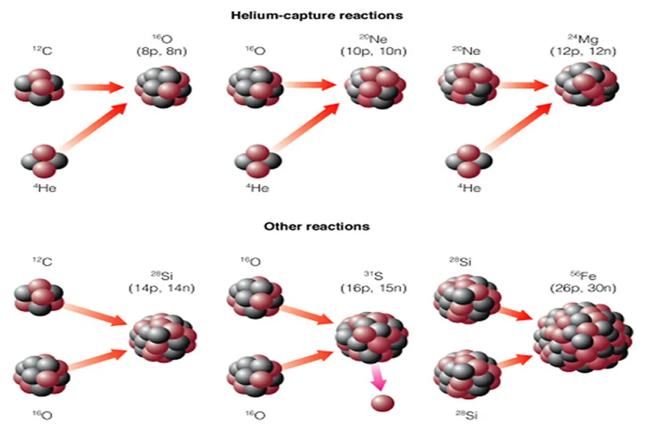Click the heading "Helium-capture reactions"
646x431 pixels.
[x=317, y=16]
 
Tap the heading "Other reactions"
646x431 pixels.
[x=317, y=227]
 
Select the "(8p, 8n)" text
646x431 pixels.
[x=161, y=51]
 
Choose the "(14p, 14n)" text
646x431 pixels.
[x=162, y=289]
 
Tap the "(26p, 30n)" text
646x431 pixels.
[x=583, y=289]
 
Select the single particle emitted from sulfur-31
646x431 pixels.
[x=382, y=402]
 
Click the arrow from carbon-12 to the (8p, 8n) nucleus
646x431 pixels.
[x=96, y=87]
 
